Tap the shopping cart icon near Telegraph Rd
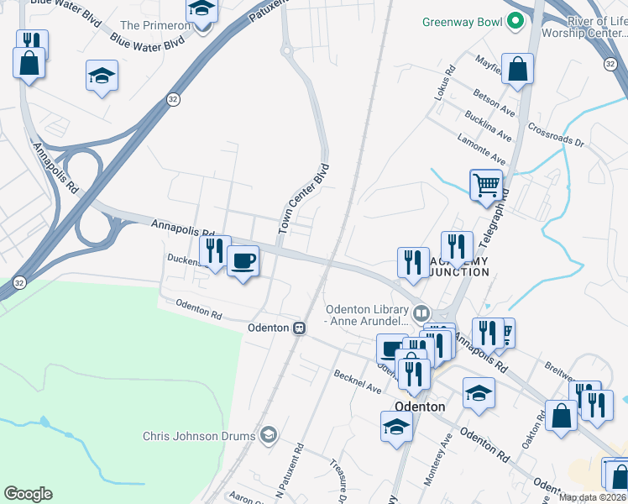[x=486, y=184]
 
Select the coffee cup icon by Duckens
[x=243, y=261]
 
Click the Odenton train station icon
[x=298, y=328]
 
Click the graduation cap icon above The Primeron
[x=201, y=10]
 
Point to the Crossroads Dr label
[x=556, y=136]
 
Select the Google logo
[x=28, y=494]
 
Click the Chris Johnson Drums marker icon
[x=269, y=434]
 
